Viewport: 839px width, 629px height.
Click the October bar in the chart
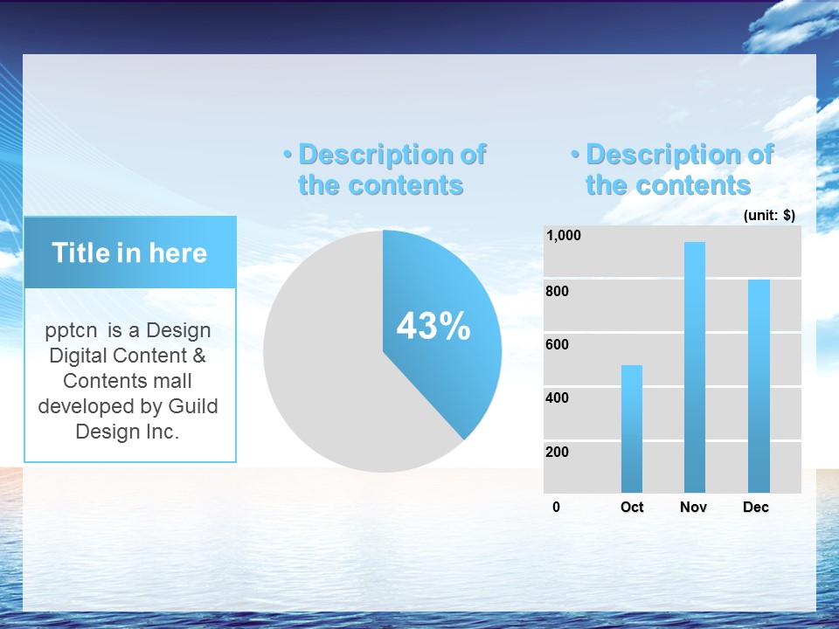(631, 428)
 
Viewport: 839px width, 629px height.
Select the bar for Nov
(695, 367)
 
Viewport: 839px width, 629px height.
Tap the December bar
(759, 385)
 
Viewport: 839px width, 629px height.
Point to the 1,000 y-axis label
(564, 235)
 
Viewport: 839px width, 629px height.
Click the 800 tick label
(557, 291)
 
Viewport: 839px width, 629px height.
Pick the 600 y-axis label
(557, 344)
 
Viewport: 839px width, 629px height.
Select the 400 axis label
(557, 398)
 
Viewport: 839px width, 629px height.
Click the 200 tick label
(557, 452)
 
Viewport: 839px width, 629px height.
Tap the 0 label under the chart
(557, 507)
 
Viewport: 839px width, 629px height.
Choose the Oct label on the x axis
(632, 507)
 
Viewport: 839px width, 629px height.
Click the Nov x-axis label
(693, 507)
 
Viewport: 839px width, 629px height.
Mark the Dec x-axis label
(756, 507)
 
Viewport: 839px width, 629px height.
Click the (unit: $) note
(769, 215)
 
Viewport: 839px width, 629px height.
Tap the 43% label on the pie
(433, 326)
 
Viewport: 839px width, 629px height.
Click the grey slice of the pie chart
(332, 375)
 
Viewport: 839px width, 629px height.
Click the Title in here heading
(129, 252)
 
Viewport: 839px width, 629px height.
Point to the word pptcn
(71, 331)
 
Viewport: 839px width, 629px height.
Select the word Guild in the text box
(193, 406)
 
